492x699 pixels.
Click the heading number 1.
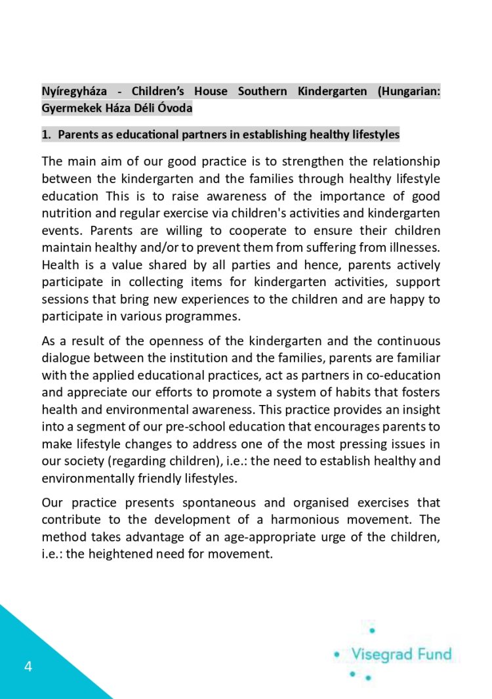46,135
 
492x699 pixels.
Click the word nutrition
65,213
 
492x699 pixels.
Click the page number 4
28,667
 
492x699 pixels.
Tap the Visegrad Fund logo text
401,654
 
